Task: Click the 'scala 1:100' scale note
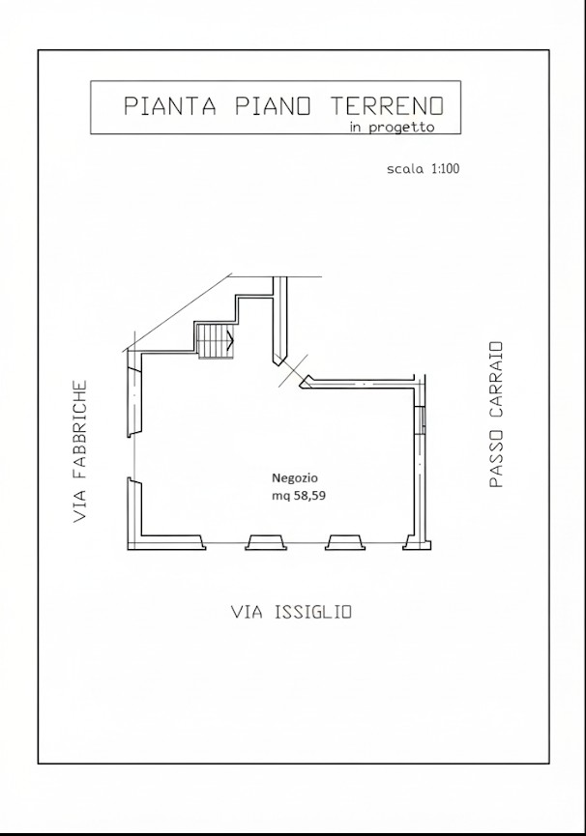(423, 169)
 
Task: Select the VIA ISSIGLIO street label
(291, 612)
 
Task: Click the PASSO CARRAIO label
(495, 414)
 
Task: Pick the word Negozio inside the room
(295, 477)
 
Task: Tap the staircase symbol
(213, 340)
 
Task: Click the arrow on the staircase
(231, 340)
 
